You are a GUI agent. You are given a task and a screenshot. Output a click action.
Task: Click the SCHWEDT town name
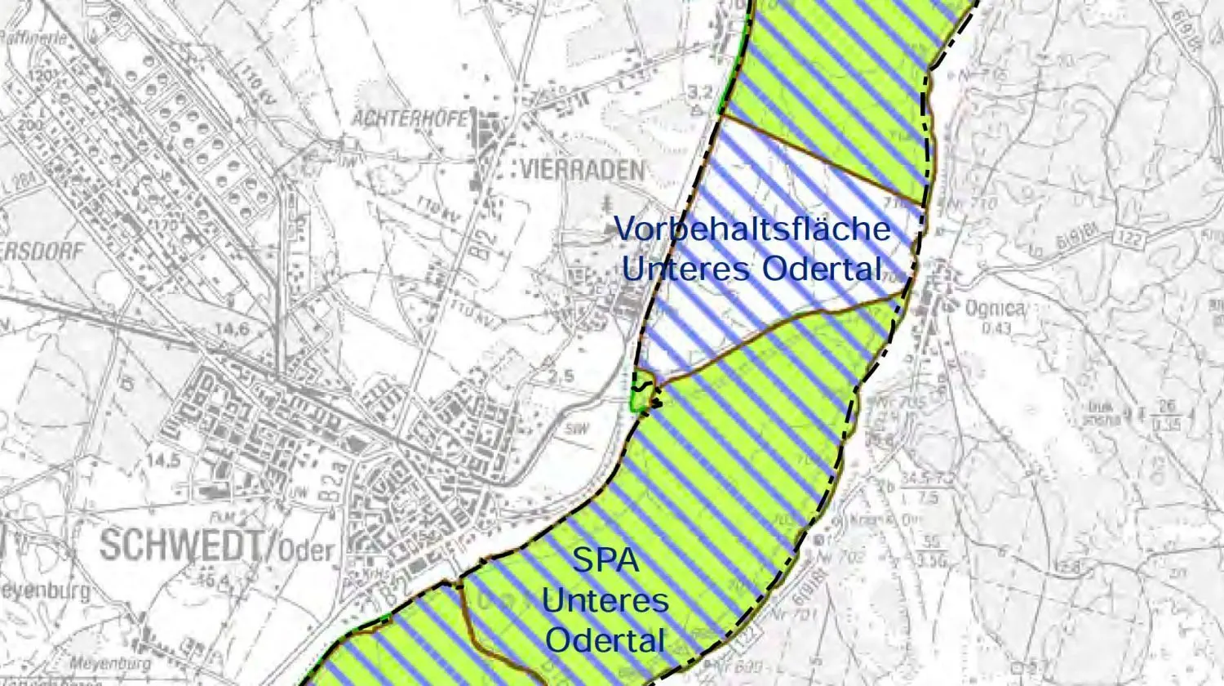[x=182, y=545]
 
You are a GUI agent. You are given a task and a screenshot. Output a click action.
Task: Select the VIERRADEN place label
[x=581, y=170]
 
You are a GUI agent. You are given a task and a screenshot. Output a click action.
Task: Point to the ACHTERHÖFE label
[x=410, y=118]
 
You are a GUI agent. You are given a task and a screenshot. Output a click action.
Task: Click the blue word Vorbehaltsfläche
[x=752, y=228]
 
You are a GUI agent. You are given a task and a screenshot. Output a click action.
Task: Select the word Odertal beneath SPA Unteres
[x=605, y=639]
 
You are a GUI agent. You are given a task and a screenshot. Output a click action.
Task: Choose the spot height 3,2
[x=700, y=91]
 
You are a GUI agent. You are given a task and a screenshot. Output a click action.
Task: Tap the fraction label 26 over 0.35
[x=1170, y=413]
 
